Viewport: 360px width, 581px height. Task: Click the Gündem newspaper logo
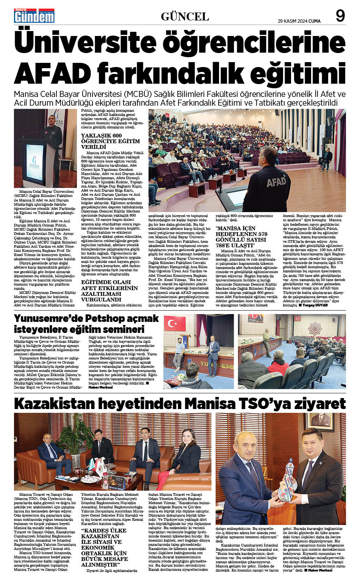click(x=34, y=16)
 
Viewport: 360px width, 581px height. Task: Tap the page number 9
click(x=340, y=16)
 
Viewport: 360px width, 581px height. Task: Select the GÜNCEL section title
click(x=185, y=16)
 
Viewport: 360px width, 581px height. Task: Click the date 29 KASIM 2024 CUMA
click(x=299, y=21)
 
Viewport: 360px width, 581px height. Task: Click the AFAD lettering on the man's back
click(x=276, y=181)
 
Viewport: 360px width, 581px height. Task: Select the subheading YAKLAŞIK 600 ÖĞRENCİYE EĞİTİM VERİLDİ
click(x=110, y=141)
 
